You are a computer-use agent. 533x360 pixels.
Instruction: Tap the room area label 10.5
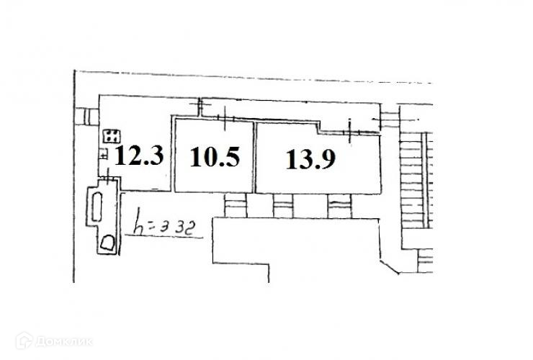click(x=215, y=156)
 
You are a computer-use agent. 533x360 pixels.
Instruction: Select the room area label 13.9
click(x=309, y=159)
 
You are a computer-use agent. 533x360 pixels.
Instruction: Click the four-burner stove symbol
click(x=112, y=135)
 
